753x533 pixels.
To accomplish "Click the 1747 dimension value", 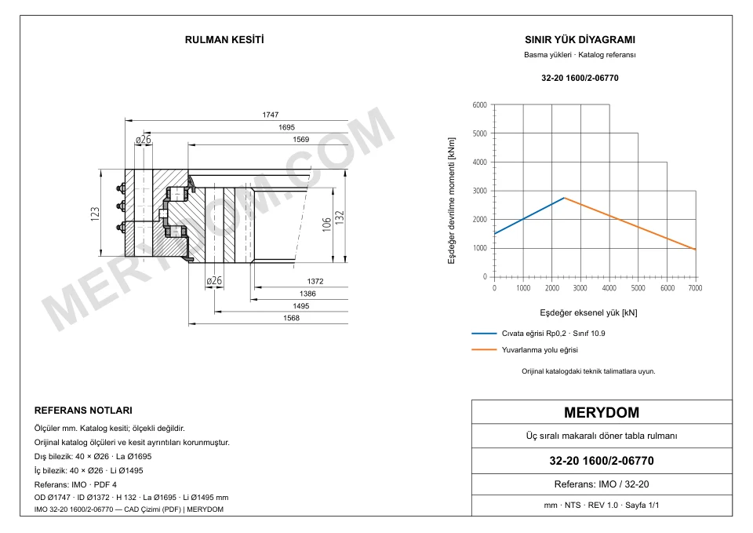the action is pyautogui.click(x=271, y=115).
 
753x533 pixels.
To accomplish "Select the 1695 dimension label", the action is pyautogui.click(x=287, y=127).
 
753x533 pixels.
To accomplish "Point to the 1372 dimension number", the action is pyautogui.click(x=315, y=281).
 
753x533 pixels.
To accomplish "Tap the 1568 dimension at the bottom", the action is pyautogui.click(x=292, y=318).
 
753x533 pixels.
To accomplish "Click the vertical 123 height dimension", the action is pyautogui.click(x=95, y=214).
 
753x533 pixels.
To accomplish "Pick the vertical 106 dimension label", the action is pyautogui.click(x=326, y=225).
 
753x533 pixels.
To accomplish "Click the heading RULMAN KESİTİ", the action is pyautogui.click(x=224, y=40).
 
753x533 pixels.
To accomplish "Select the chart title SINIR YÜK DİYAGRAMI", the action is pyautogui.click(x=580, y=40).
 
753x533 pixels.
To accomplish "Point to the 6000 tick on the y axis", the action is pyautogui.click(x=480, y=104).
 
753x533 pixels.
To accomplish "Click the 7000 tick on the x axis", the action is pyautogui.click(x=696, y=288).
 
